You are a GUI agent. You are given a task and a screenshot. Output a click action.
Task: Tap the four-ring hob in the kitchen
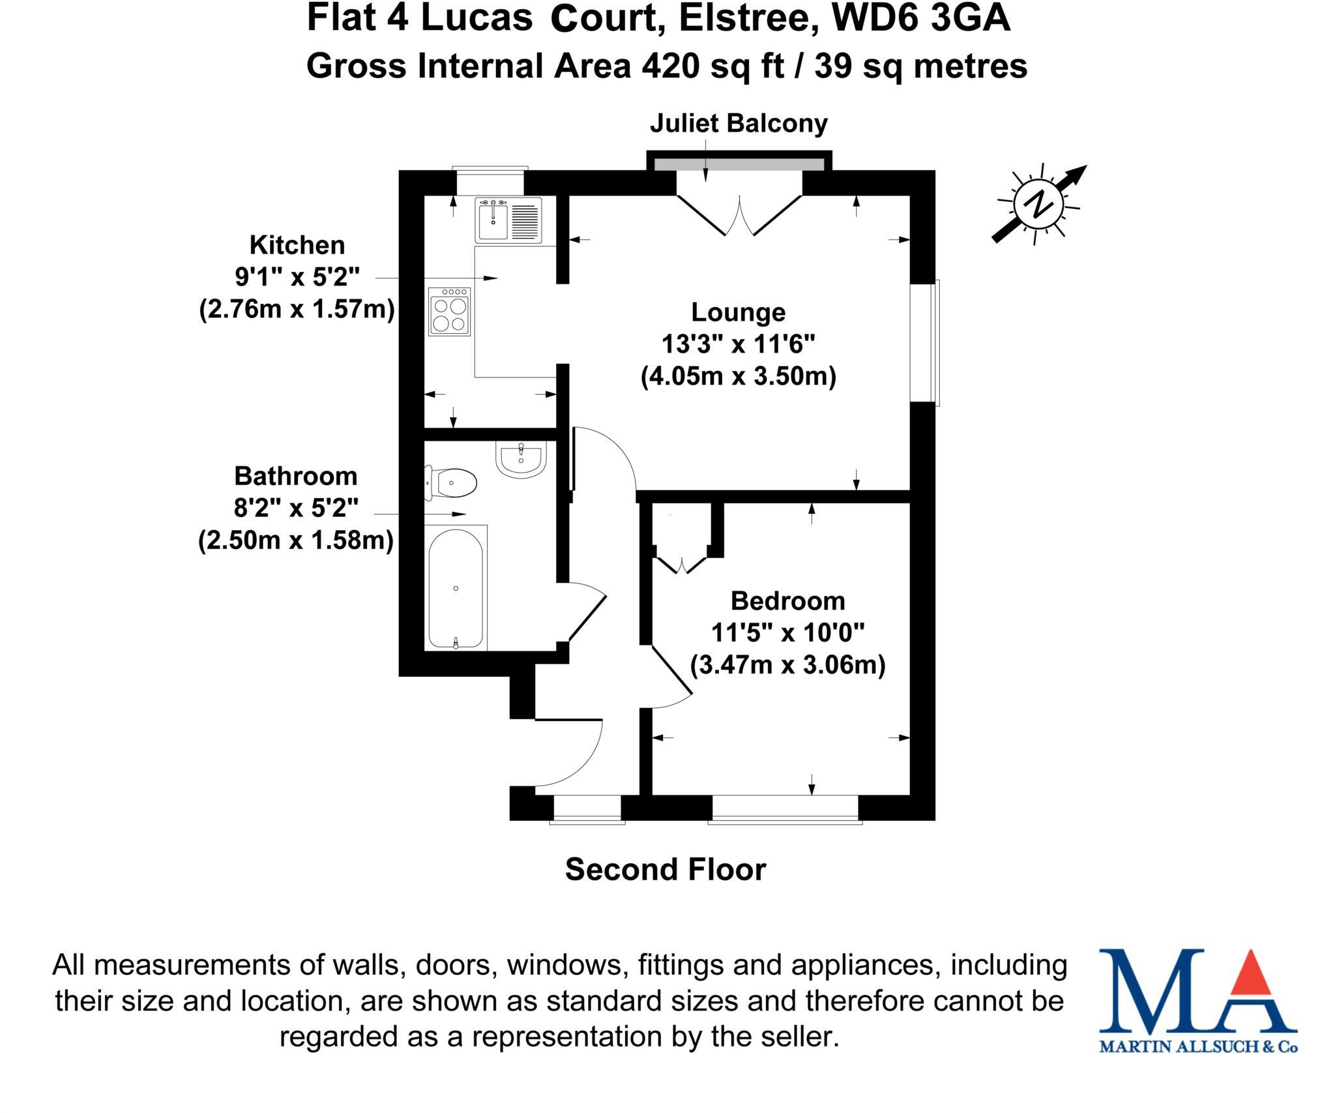point(449,312)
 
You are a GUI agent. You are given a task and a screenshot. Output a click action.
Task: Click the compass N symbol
point(1038,204)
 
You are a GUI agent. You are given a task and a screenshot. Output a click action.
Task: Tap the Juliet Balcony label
point(739,123)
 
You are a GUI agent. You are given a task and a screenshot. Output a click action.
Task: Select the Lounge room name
point(738,312)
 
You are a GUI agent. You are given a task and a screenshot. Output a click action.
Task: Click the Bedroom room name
point(787,601)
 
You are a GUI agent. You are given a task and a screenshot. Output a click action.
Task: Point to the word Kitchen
point(297,245)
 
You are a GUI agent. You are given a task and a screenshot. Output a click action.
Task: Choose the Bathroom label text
point(296,476)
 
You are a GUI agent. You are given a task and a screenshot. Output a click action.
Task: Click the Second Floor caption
point(666,869)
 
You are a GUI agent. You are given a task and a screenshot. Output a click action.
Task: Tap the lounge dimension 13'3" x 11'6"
point(738,344)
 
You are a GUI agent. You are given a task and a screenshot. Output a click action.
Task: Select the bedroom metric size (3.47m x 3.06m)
point(787,665)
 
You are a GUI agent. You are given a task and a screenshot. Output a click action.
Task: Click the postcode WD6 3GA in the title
point(922,19)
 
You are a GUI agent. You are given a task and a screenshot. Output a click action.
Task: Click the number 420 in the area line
point(670,67)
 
